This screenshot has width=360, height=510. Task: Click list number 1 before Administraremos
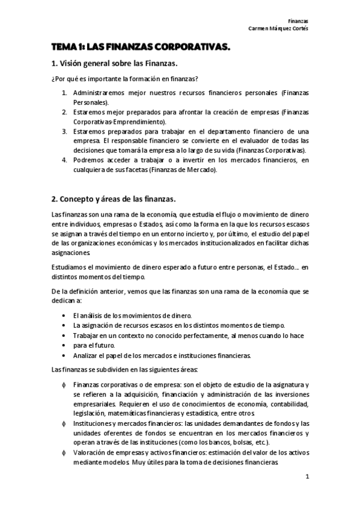[64, 94]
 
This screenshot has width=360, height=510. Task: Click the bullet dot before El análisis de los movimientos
[64, 316]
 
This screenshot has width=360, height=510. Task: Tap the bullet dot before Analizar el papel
[64, 355]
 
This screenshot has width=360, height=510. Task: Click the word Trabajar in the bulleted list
[85, 335]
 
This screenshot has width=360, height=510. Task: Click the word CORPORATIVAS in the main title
[192, 46]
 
